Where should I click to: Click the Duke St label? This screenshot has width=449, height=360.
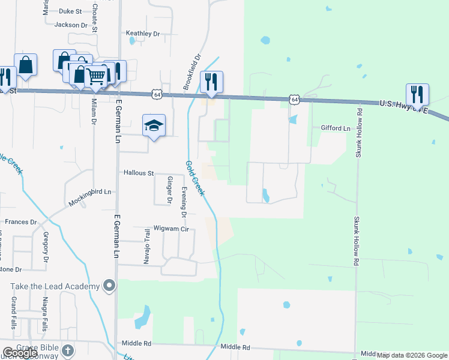point(71,11)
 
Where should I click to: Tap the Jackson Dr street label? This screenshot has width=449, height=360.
point(71,25)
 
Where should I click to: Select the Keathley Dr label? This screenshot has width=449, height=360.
point(142,34)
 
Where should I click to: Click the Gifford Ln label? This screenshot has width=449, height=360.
point(336,128)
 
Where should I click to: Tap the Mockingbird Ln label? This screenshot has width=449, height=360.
point(90,197)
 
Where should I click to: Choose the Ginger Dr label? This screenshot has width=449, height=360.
point(169,190)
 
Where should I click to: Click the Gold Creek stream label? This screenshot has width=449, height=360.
point(195,178)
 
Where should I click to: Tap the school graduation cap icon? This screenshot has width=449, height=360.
point(153,125)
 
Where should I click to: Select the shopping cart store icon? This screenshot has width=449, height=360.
point(96,76)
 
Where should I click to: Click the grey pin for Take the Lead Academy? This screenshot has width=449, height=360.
point(109,286)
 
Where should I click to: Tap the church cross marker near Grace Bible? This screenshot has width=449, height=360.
point(68,350)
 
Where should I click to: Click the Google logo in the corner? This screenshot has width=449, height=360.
point(19,353)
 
